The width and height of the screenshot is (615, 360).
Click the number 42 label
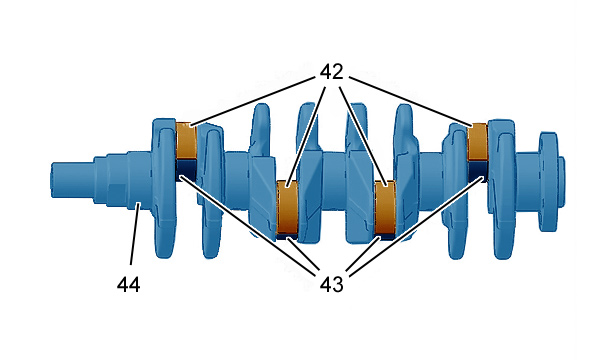point(331,72)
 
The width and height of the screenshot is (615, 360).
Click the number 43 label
point(331,284)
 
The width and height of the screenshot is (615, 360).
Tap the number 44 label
point(128,284)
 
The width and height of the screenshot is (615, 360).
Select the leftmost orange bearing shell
point(186,141)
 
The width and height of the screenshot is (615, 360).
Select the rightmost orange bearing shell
point(478,142)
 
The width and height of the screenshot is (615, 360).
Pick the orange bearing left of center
point(288,207)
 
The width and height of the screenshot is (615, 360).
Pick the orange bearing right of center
point(386,207)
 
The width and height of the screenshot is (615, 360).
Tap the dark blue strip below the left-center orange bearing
point(288,236)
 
